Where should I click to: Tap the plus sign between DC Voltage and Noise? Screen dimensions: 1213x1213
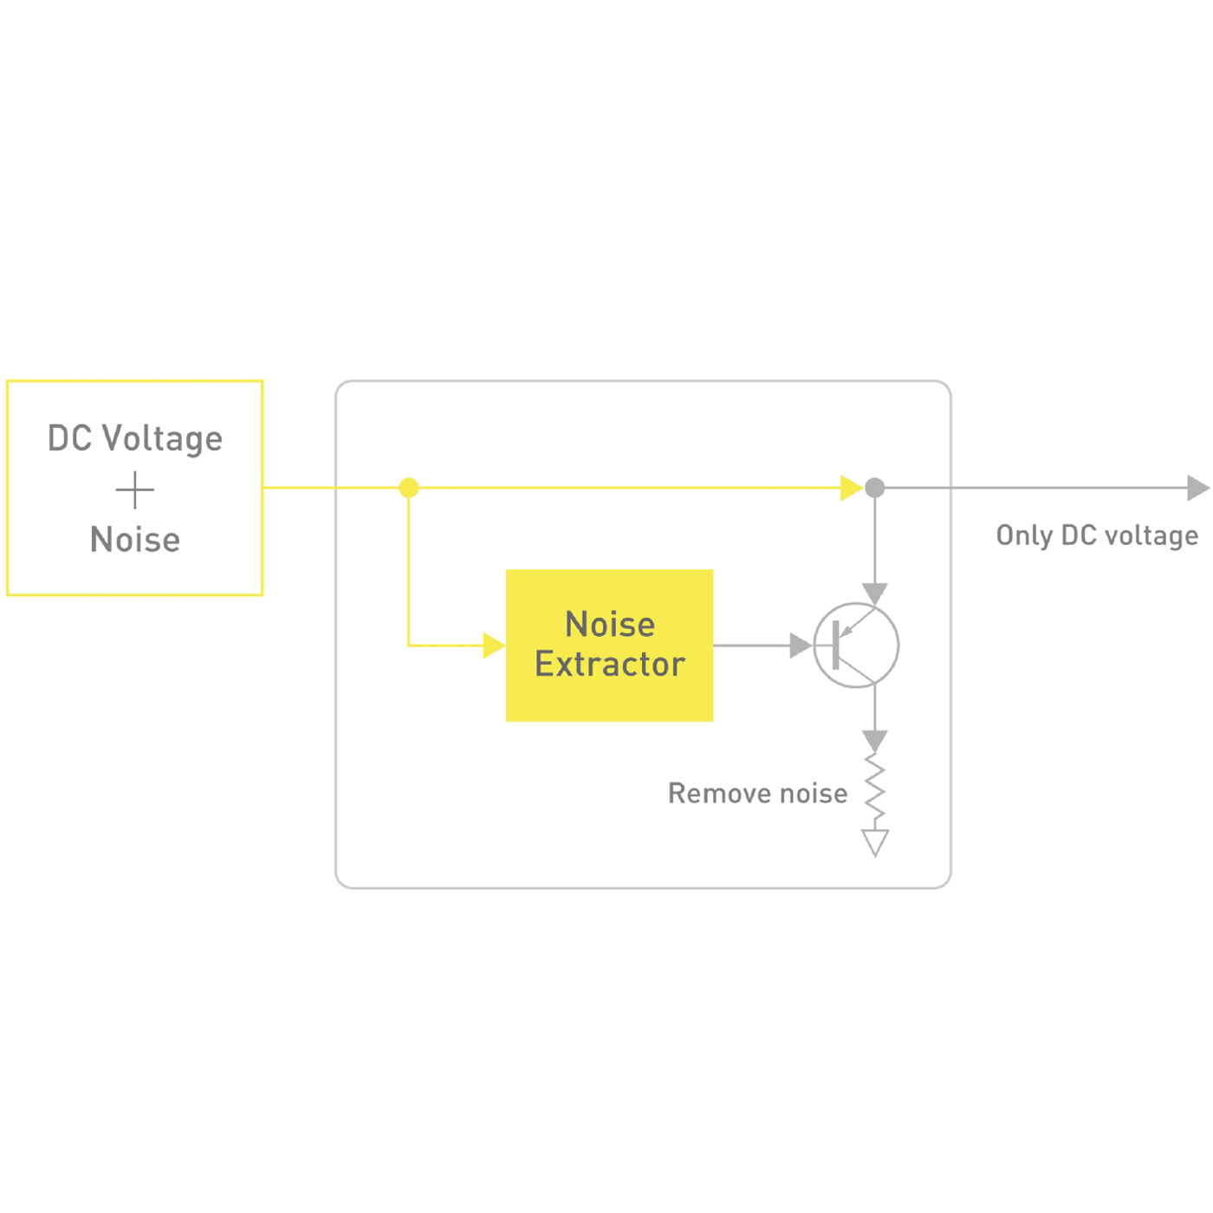click(x=135, y=490)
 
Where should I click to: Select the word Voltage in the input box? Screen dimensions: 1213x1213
click(x=163, y=439)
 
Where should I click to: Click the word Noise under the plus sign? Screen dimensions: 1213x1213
click(x=135, y=540)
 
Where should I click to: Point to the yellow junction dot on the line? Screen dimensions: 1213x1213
click(x=409, y=488)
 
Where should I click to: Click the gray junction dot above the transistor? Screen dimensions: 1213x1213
click(x=875, y=488)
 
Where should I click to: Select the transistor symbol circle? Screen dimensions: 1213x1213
click(x=856, y=645)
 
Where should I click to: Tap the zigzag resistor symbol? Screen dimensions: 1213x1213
click(x=875, y=790)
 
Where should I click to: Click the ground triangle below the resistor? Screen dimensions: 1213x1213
click(x=875, y=842)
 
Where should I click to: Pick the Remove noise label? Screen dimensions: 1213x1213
click(x=757, y=794)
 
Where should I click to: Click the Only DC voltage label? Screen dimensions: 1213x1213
click(x=1097, y=535)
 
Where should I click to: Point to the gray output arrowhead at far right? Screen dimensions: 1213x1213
click(x=1197, y=488)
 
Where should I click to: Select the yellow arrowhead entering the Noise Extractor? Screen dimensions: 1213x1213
click(x=494, y=645)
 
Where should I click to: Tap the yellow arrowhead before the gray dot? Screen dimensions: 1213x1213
click(x=851, y=488)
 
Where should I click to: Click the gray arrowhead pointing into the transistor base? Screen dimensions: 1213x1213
click(x=801, y=645)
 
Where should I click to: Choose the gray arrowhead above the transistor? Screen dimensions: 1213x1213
click(x=875, y=594)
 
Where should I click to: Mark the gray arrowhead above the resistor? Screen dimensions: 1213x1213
click(x=875, y=741)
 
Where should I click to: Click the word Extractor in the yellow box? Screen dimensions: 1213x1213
click(x=610, y=665)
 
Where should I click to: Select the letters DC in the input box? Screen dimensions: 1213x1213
click(x=69, y=438)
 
